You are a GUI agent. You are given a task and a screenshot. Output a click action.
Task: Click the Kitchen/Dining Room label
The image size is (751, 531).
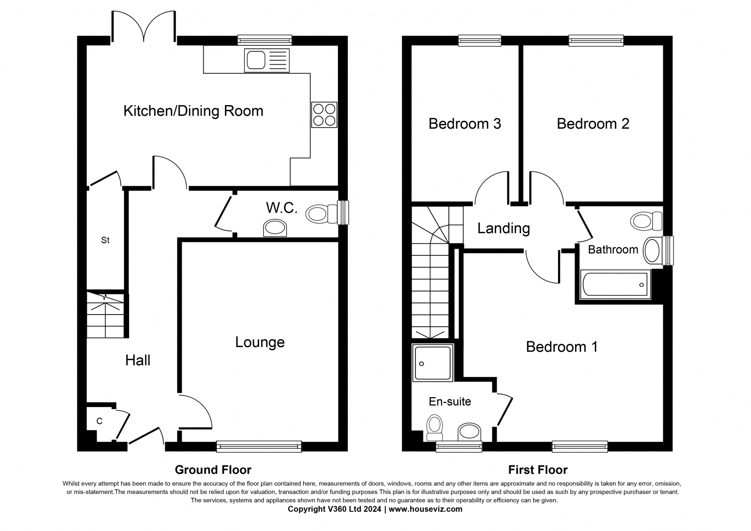193,111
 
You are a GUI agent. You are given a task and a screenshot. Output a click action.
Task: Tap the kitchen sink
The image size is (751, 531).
267,61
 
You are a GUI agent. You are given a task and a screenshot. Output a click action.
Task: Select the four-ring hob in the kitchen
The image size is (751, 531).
324,115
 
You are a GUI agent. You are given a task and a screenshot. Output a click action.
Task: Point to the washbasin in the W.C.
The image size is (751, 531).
275,228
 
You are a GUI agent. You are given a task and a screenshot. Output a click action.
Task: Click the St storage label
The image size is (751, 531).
105,240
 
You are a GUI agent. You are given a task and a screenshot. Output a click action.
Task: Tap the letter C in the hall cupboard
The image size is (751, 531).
99,421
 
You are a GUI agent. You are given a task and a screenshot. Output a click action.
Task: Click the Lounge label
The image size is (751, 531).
260,342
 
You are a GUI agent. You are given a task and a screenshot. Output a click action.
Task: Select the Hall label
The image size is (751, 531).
138,361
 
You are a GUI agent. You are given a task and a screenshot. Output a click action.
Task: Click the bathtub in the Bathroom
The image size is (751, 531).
615,285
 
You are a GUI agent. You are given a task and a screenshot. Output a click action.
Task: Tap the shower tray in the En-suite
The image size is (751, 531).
432,362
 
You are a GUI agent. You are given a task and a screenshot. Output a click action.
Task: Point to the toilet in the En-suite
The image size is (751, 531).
435,427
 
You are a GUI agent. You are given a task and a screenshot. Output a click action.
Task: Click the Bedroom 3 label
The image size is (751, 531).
465,124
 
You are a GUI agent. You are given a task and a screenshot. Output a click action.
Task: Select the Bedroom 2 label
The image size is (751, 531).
593,124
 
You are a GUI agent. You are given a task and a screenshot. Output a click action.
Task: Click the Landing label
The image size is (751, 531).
504,229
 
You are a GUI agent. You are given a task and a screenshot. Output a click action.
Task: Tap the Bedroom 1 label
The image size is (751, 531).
562,347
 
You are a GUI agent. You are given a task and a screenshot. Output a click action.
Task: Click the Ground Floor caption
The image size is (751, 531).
213,470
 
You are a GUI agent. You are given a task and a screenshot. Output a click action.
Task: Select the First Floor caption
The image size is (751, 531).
538,470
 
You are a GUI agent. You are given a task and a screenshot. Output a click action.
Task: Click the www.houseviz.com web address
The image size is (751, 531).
425,509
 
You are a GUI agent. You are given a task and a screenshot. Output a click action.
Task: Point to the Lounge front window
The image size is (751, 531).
259,446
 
